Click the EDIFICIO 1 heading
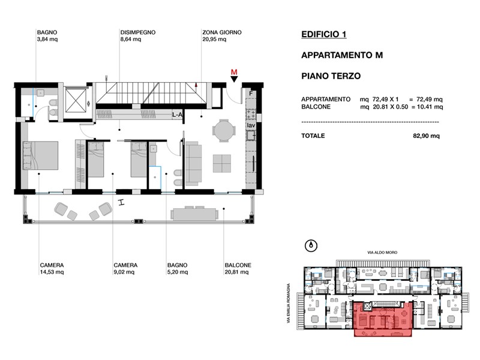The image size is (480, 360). coord(324,34)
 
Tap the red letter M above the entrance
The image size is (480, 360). coord(234,72)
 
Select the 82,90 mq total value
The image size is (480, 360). coord(426,136)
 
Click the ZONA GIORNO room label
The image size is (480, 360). coord(221,32)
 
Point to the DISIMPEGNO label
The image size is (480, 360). coord(138,32)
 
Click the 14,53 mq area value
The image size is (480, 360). coord(52,272)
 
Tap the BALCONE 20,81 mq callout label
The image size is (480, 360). coord(238,268)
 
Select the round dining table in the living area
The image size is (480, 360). coord(224,131)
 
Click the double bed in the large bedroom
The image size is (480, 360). coord(40,155)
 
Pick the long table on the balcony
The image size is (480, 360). coord(194,214)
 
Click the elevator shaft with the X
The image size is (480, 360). coord(75,100)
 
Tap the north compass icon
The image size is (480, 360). coord(311,245)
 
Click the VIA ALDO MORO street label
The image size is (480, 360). coord(382,253)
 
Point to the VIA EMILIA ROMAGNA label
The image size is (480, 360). coord(289,303)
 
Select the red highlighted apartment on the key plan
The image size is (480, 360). coord(383,319)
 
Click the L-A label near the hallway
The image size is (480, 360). coord(177,115)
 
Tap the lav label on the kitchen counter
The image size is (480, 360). coord(251,125)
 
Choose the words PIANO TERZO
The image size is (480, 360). coord(331,76)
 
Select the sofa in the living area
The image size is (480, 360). coord(193,163)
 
